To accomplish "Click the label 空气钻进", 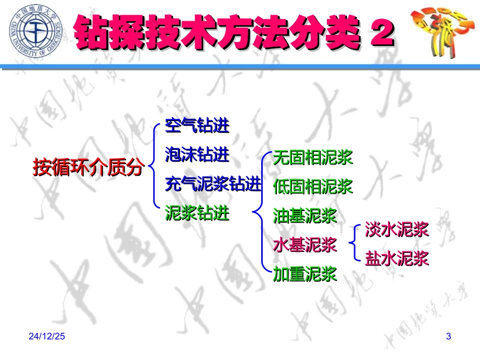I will pos(197,126).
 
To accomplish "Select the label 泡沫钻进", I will pos(197,155).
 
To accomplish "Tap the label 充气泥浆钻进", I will pos(213,184).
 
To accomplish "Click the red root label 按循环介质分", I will pos(88,168).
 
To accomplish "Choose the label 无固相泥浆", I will pos(312,158).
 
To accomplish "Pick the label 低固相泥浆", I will pos(312,187).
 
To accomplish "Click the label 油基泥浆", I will pos(305,216).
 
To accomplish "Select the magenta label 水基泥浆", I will pos(305,245).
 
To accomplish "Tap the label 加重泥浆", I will pos(305,275).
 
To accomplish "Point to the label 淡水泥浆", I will pos(397,230).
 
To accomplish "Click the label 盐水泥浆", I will pos(397,259).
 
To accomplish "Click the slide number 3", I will pos(448,337).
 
